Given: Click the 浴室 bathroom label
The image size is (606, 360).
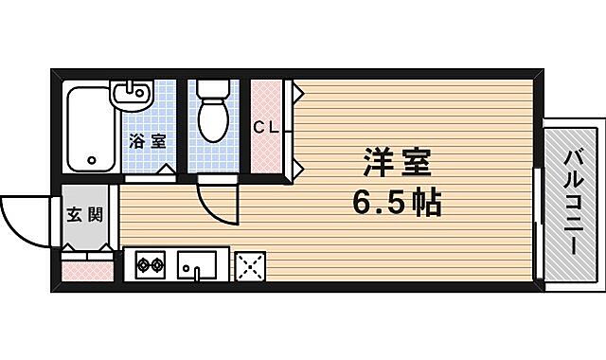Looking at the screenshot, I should (x=148, y=141).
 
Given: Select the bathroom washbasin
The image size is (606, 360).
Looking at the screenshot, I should (x=132, y=95).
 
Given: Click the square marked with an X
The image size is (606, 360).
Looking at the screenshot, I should (x=248, y=266).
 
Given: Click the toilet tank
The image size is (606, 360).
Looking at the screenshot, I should (x=213, y=90).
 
